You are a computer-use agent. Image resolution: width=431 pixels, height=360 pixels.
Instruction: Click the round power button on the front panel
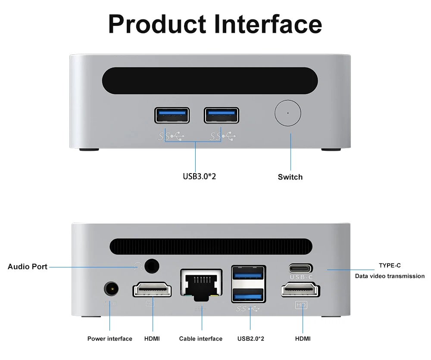[x=287, y=113]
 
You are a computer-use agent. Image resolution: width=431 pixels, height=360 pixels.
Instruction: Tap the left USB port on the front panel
[x=172, y=115]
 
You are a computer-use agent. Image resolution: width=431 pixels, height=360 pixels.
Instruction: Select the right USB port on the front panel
[x=222, y=115]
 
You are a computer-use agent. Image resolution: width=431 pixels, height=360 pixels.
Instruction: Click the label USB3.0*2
[x=199, y=176]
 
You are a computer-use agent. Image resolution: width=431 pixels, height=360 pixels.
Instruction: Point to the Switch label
[x=290, y=177]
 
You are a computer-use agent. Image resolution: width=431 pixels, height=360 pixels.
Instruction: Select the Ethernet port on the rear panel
[x=201, y=284]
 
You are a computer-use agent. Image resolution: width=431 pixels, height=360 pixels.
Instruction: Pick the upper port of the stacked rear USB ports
[x=249, y=274]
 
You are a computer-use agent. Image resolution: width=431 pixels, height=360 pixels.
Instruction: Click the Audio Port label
[x=28, y=267]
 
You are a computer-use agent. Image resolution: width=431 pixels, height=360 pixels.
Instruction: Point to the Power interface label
[x=110, y=339]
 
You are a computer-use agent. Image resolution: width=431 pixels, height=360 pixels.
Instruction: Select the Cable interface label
[x=201, y=339]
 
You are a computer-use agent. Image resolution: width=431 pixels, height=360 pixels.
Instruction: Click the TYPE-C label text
[x=390, y=266]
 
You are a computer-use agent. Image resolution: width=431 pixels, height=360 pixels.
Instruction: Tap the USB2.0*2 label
[x=251, y=339]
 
